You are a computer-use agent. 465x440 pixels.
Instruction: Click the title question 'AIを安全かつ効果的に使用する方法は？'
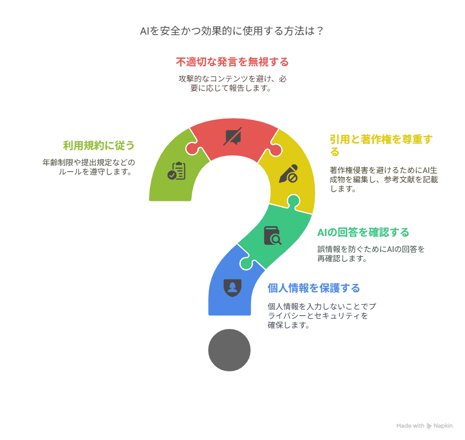pyautogui.click(x=231, y=31)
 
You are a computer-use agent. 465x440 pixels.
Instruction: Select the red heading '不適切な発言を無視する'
pyautogui.click(x=232, y=62)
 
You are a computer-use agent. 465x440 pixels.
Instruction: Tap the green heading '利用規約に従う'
pyautogui.click(x=99, y=146)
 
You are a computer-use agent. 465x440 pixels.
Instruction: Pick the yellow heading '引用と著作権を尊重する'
pyautogui.click(x=381, y=145)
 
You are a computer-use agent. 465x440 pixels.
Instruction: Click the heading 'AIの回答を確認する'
pyautogui.click(x=363, y=232)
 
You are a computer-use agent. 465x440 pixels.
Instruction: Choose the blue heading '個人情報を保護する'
pyautogui.click(x=314, y=288)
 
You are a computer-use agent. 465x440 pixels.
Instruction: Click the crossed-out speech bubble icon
pyautogui.click(x=233, y=137)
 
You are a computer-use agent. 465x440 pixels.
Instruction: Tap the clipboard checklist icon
pyautogui.click(x=177, y=171)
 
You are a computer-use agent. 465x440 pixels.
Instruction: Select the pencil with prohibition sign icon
pyautogui.click(x=288, y=174)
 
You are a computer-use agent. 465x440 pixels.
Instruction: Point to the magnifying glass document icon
pyautogui.click(x=272, y=235)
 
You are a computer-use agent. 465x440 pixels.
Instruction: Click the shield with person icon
pyautogui.click(x=233, y=288)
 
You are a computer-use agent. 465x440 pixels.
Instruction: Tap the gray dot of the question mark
pyautogui.click(x=229, y=350)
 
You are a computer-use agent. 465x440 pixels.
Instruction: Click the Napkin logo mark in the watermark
pyautogui.click(x=429, y=426)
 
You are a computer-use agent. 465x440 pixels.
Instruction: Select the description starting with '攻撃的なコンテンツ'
pyautogui.click(x=232, y=83)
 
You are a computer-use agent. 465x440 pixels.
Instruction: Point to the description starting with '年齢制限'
pyautogui.click(x=89, y=167)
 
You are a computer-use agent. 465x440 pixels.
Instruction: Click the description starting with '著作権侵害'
pyautogui.click(x=384, y=179)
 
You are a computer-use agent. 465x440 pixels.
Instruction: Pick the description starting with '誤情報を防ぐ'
pyautogui.click(x=371, y=254)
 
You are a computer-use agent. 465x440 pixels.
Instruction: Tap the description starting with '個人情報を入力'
pyautogui.click(x=322, y=316)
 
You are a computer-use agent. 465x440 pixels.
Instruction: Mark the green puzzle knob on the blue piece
pyautogui.click(x=246, y=263)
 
